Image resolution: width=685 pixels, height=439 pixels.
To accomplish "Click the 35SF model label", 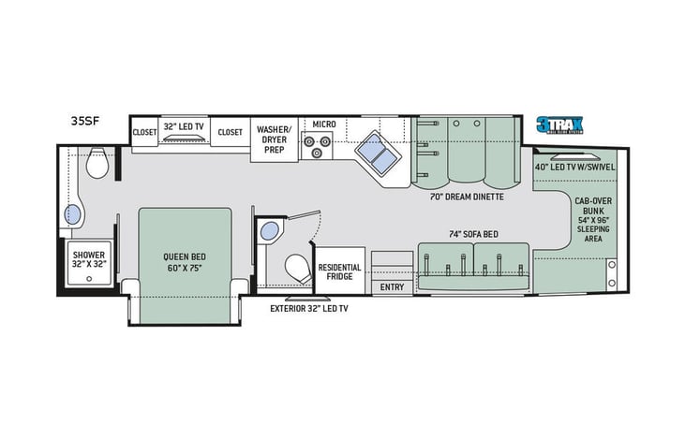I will pos(84,121).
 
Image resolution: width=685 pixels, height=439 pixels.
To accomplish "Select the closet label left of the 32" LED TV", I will pos(144,133).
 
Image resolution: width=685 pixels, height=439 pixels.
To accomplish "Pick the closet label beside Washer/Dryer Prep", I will pos(230,133).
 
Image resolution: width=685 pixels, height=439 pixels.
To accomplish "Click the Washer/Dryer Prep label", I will pos(273,137).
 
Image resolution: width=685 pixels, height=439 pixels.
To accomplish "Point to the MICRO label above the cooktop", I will pos(324,124).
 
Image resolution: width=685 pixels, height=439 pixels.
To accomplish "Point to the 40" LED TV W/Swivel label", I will pos(573,167).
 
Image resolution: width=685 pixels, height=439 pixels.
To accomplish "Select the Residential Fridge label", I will pos(339,272).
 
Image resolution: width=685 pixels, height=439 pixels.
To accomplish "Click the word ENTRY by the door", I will pos(392,287).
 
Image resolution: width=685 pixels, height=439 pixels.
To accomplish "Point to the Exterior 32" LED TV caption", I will pos(309,309).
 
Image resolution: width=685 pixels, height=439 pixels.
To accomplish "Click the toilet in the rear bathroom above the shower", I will pos(96,166).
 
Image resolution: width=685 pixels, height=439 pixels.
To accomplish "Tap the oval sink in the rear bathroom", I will pos(72,215).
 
